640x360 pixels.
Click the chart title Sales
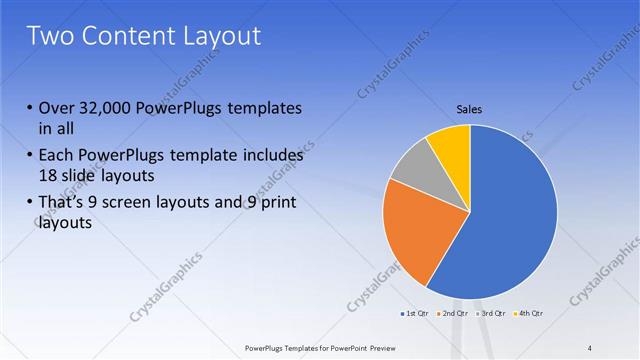(469, 108)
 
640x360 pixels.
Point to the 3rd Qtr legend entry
(491, 314)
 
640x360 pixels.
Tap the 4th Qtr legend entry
(529, 314)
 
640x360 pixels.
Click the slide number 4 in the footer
(590, 347)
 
